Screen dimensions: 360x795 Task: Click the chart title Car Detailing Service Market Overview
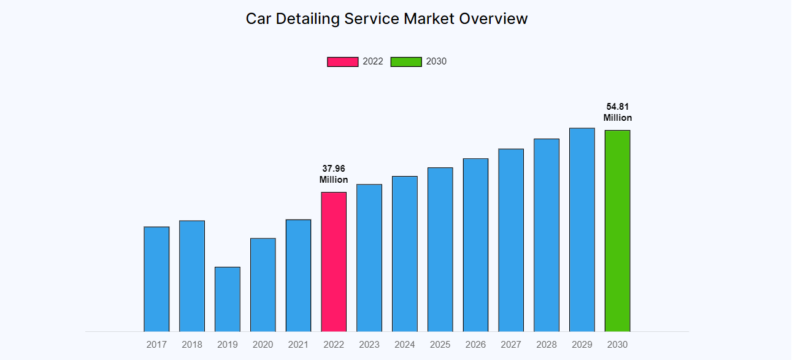386,18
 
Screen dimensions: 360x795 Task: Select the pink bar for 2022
334,262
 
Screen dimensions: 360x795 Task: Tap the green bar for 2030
617,231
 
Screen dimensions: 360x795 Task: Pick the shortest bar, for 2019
228,299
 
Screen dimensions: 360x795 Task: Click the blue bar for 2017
156,279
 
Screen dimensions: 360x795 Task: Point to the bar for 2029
582,230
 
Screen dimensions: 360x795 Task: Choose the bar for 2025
440,250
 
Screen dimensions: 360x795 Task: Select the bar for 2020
263,285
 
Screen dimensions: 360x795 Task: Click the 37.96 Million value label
334,174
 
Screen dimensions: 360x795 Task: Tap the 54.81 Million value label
617,112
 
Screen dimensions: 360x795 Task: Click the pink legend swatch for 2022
342,61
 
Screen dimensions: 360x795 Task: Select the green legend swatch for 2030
406,61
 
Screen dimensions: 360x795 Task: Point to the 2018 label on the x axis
192,345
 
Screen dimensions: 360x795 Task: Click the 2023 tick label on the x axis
369,345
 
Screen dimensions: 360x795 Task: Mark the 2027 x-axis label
511,345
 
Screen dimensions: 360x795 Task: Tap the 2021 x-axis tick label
298,345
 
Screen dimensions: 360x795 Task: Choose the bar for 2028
547,235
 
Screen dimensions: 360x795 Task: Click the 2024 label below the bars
405,345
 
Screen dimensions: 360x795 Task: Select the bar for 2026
475,245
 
